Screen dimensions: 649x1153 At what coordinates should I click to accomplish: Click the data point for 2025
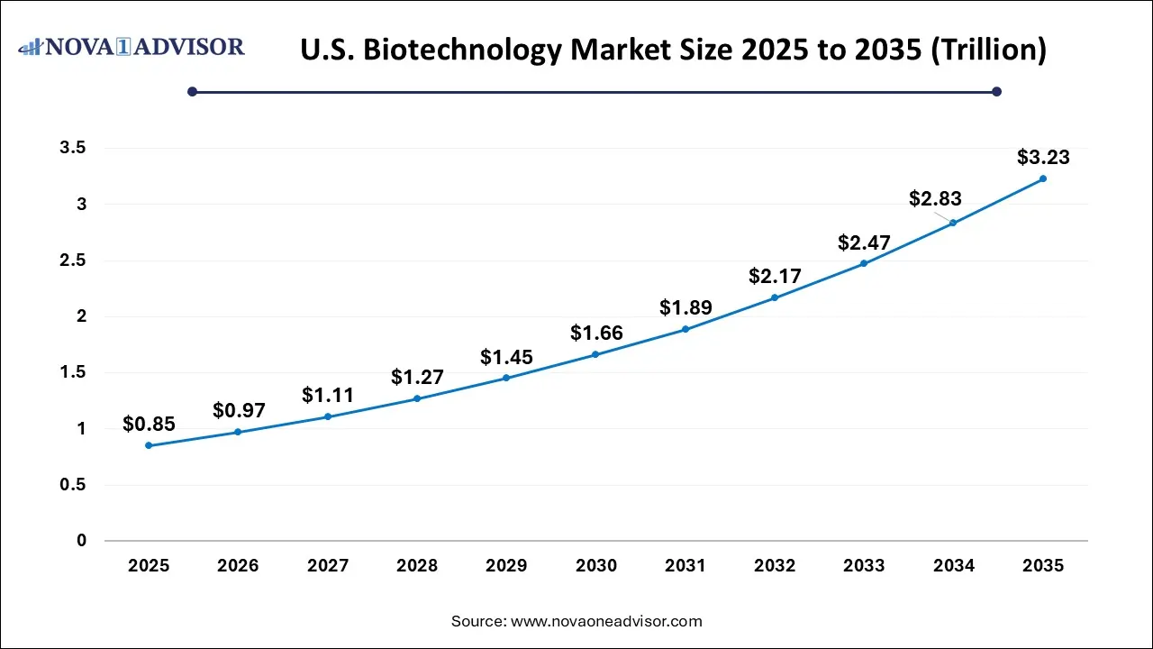click(149, 445)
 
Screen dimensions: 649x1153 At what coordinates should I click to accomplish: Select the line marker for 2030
click(595, 354)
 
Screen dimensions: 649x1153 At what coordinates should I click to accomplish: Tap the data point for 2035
click(1043, 178)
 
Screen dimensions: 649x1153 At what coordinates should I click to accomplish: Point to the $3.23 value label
click(1043, 158)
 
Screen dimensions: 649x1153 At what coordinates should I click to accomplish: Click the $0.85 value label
click(149, 424)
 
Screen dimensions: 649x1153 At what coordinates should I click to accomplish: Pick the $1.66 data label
click(596, 334)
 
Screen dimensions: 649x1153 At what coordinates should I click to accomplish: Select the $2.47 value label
click(864, 242)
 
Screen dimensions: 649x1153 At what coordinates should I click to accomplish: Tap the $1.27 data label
click(417, 377)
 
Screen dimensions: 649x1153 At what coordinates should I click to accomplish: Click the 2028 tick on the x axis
click(417, 566)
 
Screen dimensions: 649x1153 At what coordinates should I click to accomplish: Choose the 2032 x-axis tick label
click(775, 566)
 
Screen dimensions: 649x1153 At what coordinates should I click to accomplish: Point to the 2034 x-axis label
click(954, 566)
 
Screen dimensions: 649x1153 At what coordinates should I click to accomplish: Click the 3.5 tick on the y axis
click(73, 149)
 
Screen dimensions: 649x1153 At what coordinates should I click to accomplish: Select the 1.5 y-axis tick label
click(73, 373)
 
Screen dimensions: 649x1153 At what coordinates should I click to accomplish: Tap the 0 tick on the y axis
click(82, 541)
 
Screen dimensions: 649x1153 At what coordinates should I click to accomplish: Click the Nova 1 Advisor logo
click(132, 47)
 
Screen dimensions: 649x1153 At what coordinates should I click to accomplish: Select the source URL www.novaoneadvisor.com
click(606, 621)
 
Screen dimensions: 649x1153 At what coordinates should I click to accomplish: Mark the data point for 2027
click(328, 416)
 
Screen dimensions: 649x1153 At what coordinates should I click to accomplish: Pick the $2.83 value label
click(935, 199)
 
